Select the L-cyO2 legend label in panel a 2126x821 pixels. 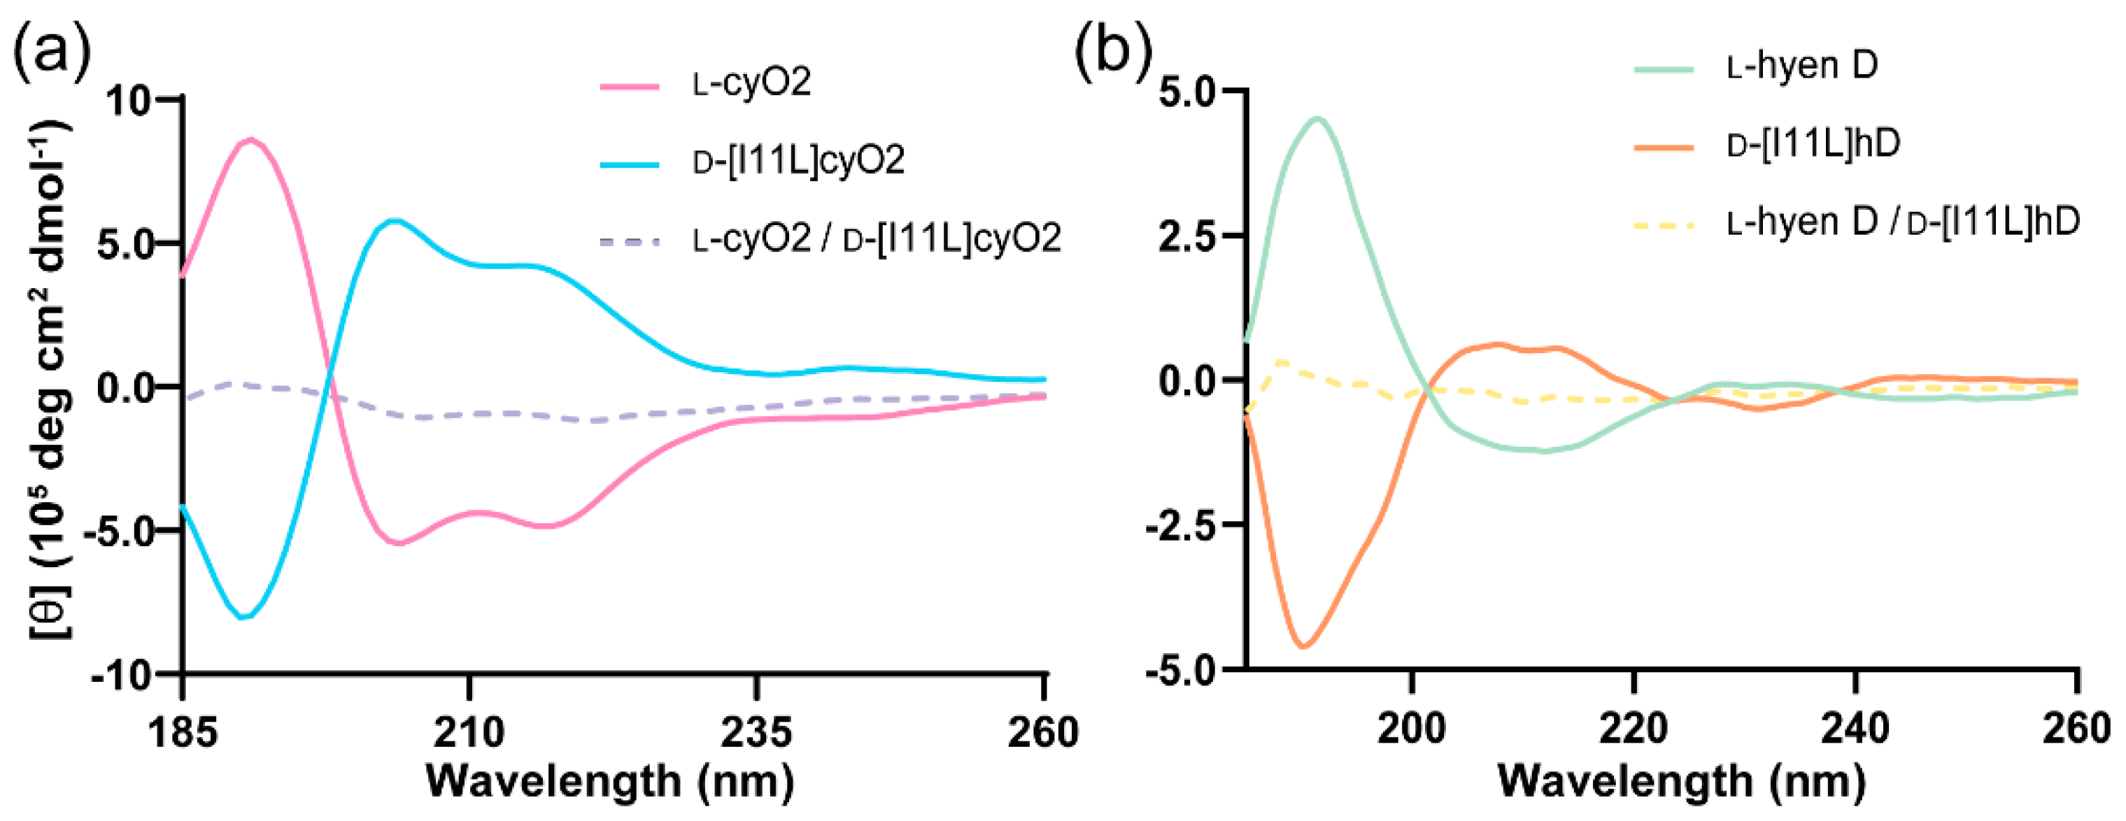tap(752, 83)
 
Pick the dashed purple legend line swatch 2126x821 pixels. tap(630, 242)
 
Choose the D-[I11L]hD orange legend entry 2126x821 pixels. tap(1813, 143)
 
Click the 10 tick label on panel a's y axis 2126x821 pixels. tap(128, 101)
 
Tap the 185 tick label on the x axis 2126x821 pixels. tap(183, 733)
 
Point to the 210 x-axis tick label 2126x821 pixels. tap(469, 733)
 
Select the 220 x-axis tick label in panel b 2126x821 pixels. tap(1634, 729)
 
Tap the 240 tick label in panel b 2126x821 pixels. tap(1855, 729)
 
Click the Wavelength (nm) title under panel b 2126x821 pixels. tap(1681, 780)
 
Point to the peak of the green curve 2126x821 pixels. tap(1318, 119)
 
